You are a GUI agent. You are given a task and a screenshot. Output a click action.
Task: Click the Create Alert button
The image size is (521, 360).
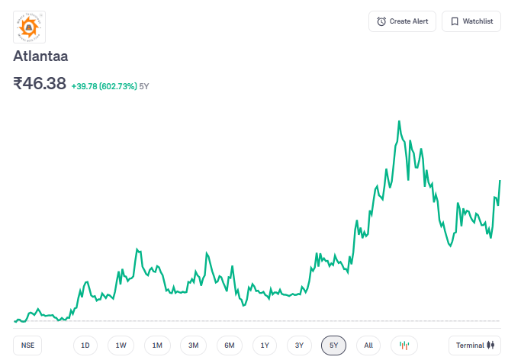402,21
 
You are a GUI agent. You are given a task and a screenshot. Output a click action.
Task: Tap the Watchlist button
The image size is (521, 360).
471,21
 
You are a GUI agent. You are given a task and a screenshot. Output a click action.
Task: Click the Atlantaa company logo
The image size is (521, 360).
30,27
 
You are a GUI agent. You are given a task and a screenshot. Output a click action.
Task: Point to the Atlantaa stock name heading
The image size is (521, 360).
41,56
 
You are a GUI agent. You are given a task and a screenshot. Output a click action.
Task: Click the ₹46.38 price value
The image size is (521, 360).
40,84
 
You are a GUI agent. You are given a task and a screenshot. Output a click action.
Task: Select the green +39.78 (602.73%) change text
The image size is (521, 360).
104,86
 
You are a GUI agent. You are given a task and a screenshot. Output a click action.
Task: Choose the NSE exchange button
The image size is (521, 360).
28,346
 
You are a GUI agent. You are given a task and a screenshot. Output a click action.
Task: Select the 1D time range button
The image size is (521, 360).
85,346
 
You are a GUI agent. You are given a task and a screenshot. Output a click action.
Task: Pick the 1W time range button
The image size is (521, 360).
121,346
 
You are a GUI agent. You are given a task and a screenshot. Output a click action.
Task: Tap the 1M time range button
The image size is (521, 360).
157,346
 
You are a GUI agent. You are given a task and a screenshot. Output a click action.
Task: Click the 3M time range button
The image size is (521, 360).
193,346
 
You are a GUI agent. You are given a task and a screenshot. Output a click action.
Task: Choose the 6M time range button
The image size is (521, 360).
229,346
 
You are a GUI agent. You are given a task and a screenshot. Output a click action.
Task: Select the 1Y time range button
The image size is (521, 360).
265,346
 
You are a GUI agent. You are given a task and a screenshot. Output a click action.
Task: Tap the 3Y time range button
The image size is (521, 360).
300,346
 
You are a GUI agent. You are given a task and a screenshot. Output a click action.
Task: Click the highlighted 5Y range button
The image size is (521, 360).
334,346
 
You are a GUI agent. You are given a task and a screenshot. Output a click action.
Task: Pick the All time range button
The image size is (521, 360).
368,346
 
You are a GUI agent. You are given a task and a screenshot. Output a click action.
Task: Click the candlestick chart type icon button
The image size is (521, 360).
404,346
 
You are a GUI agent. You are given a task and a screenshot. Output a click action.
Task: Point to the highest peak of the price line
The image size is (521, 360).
399,121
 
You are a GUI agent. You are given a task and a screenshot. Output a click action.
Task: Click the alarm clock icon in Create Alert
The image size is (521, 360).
381,21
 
